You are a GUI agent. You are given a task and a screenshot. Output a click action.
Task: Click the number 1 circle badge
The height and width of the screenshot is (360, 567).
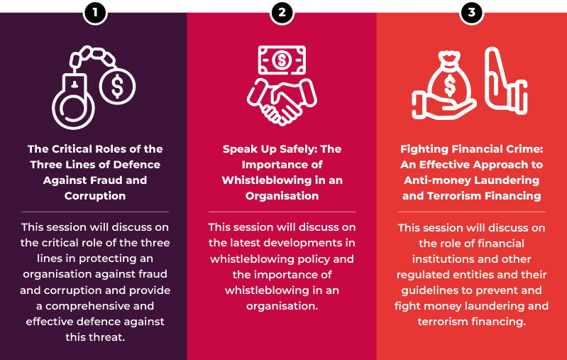pos(95,13)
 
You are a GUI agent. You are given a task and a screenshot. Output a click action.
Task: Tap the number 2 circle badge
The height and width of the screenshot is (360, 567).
pos(282,13)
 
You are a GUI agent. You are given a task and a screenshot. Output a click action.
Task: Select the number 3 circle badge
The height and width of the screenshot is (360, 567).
pos(471,13)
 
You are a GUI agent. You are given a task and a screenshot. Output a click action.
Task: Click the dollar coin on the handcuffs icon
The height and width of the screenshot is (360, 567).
pos(117,87)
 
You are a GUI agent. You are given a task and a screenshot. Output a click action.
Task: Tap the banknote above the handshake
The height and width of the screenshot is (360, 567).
pos(282,60)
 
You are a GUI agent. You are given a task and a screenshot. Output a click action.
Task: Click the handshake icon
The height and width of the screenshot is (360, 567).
pos(282,102)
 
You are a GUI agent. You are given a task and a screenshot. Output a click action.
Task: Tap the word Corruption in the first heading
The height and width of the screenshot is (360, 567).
pos(95,196)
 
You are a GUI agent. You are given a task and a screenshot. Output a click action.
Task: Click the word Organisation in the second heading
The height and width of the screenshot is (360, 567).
pos(282,196)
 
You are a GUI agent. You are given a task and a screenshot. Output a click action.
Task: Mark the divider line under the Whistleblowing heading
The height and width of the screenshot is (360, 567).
pos(282,212)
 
